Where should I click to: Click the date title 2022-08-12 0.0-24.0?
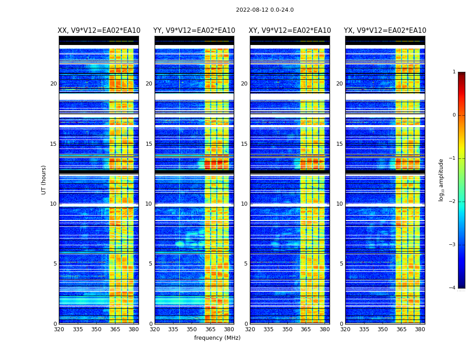tap(265, 10)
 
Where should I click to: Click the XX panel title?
tap(99, 31)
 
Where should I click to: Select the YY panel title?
tap(194, 31)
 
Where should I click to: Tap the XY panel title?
tap(290, 31)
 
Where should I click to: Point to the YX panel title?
tap(385, 31)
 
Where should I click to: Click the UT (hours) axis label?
tap(44, 180)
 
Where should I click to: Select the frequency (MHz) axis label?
tap(217, 338)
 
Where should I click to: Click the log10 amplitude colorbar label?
tap(441, 180)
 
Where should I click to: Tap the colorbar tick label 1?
tap(454, 72)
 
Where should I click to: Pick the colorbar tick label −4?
tap(453, 288)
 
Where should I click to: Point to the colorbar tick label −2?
tap(453, 202)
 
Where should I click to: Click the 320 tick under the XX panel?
tap(59, 329)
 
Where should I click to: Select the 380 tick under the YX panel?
tap(420, 329)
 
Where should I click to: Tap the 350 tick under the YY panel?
tap(192, 329)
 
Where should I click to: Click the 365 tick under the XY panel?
tap(306, 329)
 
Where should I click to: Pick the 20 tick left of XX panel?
tap(53, 84)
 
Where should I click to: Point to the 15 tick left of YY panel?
tap(149, 144)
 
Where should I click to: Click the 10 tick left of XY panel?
tap(244, 204)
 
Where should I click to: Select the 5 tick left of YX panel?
tap(341, 264)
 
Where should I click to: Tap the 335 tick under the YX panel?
tap(364, 329)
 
